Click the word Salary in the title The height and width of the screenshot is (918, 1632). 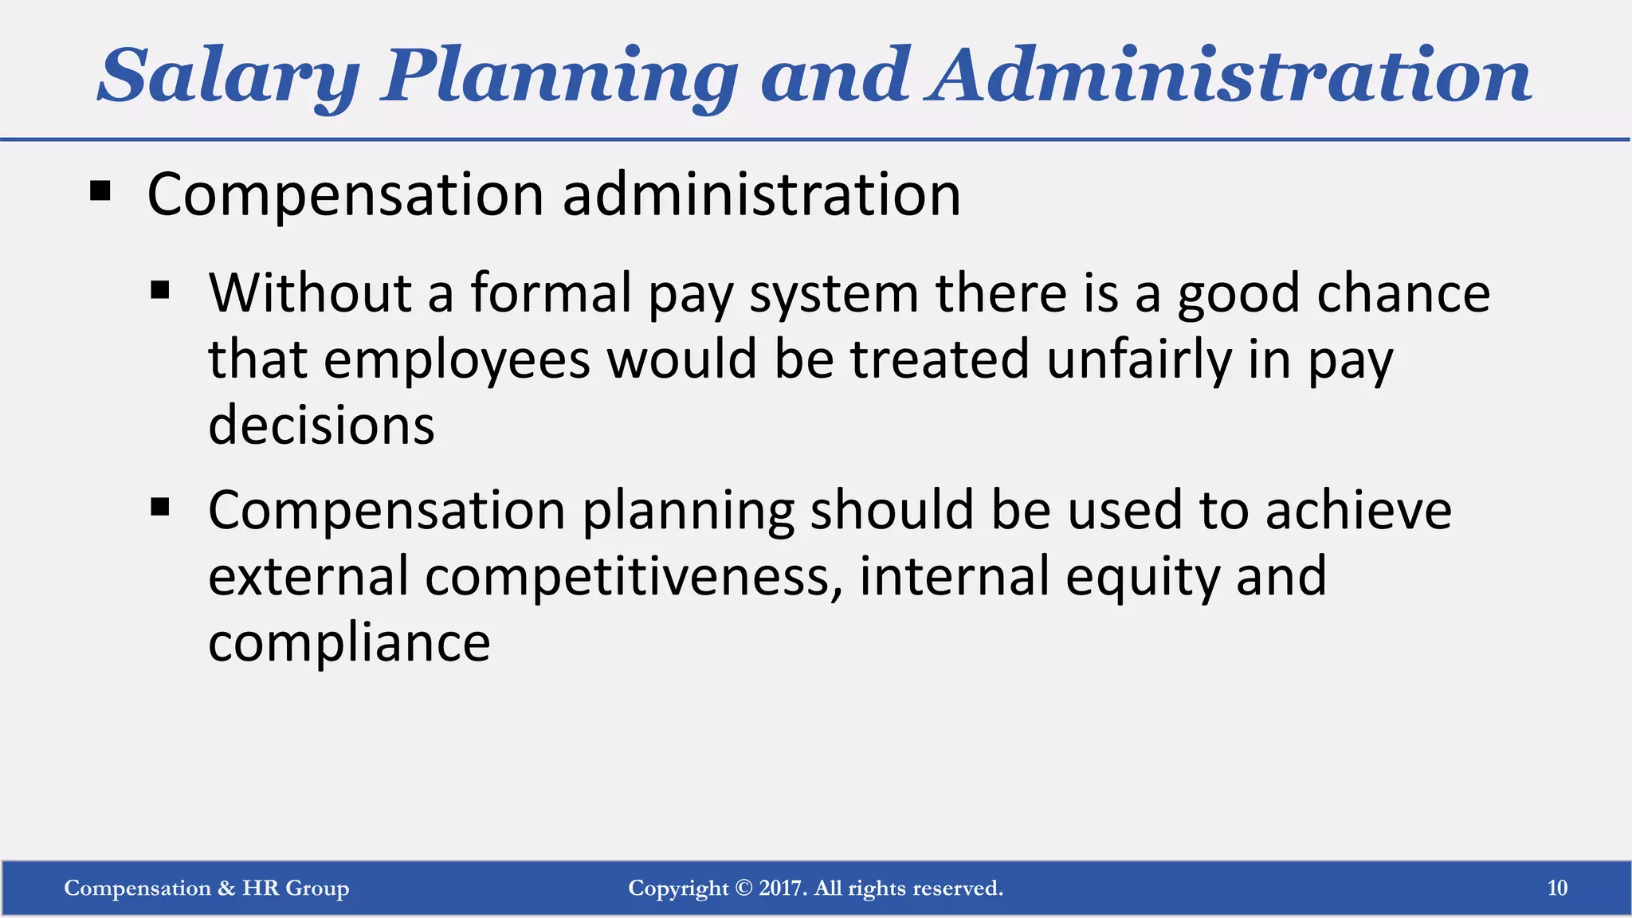tap(228, 76)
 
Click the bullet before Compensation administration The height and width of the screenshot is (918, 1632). tap(100, 192)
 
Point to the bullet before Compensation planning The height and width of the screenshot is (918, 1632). tap(160, 507)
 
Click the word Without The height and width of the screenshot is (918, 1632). tap(310, 292)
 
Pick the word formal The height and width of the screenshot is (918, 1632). tap(551, 292)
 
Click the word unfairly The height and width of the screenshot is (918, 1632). tap(1139, 359)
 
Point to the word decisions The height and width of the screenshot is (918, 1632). tap(321, 425)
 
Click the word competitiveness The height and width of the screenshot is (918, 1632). tap(634, 576)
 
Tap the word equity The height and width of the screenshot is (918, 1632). tap(1143, 578)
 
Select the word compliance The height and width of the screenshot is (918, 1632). tap(349, 642)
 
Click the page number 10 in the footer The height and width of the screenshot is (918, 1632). tap(1557, 888)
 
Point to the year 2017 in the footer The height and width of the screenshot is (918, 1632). tap(782, 888)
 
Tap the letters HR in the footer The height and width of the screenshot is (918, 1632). tap(261, 888)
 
